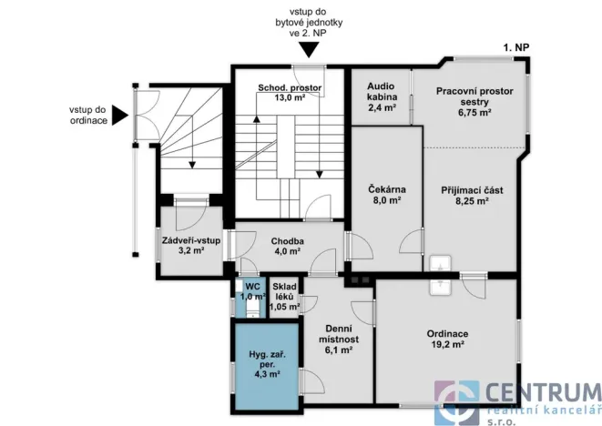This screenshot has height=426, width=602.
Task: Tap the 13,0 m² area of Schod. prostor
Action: click(x=290, y=97)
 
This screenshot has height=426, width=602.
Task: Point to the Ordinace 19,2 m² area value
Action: click(x=447, y=344)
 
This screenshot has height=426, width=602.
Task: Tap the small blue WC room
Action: click(x=250, y=298)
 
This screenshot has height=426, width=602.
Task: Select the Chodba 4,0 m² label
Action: click(x=287, y=246)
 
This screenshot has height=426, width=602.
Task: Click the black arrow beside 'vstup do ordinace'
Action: click(x=120, y=115)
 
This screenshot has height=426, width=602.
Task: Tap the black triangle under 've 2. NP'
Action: click(x=309, y=50)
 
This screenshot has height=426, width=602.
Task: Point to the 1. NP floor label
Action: click(x=516, y=47)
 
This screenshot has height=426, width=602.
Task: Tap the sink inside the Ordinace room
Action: click(x=441, y=288)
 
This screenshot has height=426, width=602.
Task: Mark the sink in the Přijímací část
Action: click(x=441, y=263)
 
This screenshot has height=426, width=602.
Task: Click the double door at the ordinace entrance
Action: click(x=148, y=115)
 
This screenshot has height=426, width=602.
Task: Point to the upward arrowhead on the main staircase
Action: click(x=257, y=119)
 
